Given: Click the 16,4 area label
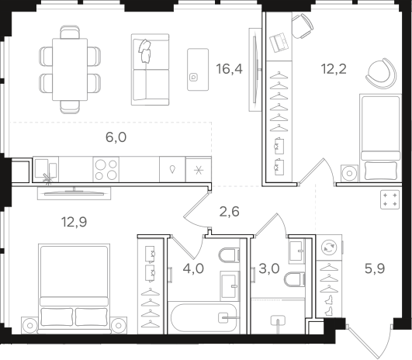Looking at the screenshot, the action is (229, 69).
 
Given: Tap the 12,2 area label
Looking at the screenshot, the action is (334, 69).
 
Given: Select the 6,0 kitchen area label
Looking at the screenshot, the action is (116, 137).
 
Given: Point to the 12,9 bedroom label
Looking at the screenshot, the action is (74, 222).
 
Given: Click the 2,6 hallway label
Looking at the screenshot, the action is (229, 212).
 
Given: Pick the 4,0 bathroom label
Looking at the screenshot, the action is (193, 268).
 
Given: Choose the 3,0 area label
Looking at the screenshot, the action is (269, 268).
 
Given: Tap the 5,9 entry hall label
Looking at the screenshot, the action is (375, 268).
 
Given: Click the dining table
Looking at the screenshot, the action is (70, 69).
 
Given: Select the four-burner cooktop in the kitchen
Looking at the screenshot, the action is (106, 169).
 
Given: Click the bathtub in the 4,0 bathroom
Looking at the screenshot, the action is (203, 318).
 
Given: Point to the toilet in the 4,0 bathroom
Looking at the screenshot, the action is (229, 255).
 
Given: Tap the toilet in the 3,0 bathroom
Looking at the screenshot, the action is (295, 279).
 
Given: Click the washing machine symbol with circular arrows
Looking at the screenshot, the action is (329, 247).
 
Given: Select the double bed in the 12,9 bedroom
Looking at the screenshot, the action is (74, 289).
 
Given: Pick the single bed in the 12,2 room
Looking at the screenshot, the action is (381, 137).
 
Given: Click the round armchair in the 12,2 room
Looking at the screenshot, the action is (381, 73).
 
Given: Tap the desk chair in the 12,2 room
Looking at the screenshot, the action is (303, 26).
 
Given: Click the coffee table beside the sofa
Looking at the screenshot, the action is (198, 69).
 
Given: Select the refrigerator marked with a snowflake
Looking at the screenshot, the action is (199, 170).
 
